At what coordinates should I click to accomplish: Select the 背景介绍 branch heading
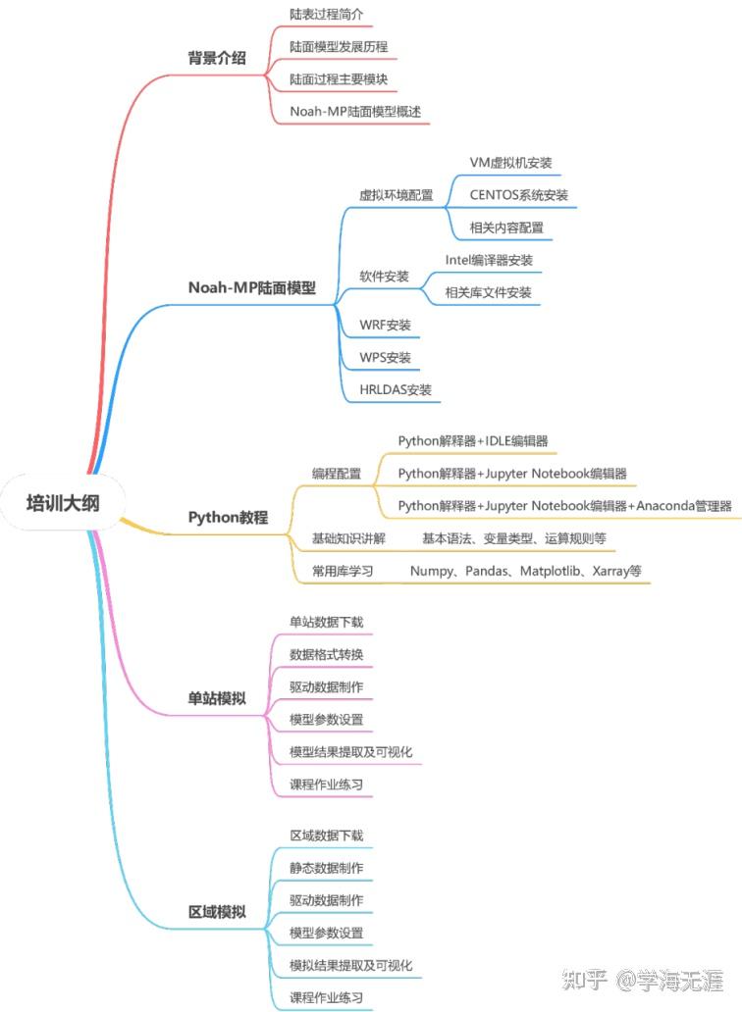click(216, 59)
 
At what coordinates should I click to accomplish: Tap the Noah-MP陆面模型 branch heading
click(252, 287)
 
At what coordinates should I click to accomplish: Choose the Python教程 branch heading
click(228, 517)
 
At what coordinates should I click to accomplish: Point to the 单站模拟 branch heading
click(216, 699)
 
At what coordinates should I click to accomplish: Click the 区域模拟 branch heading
click(216, 912)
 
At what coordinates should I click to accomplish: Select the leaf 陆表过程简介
click(326, 16)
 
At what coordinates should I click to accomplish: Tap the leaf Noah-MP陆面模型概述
click(354, 111)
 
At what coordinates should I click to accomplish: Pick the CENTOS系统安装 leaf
click(518, 194)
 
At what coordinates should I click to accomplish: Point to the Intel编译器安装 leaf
click(489, 260)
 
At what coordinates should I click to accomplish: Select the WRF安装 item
click(386, 325)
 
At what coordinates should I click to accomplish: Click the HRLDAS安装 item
click(396, 389)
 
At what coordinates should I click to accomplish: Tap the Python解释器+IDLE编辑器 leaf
click(473, 441)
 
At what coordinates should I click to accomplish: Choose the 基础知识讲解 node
click(348, 538)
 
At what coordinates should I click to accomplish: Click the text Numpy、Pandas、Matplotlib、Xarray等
click(525, 570)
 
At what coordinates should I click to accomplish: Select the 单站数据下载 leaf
click(326, 623)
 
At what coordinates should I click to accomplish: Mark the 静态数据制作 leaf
click(326, 868)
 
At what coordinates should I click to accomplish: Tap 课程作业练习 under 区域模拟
click(326, 998)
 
